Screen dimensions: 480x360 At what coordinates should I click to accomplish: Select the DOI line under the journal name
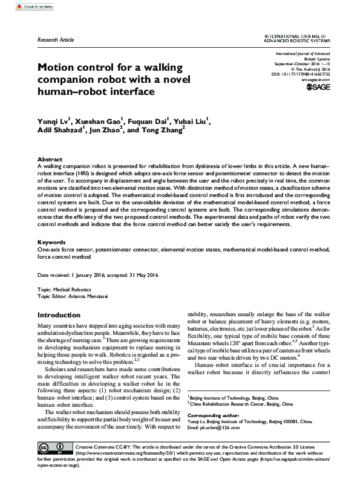coord(303,75)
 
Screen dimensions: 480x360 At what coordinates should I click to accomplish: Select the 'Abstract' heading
coord(50,158)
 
